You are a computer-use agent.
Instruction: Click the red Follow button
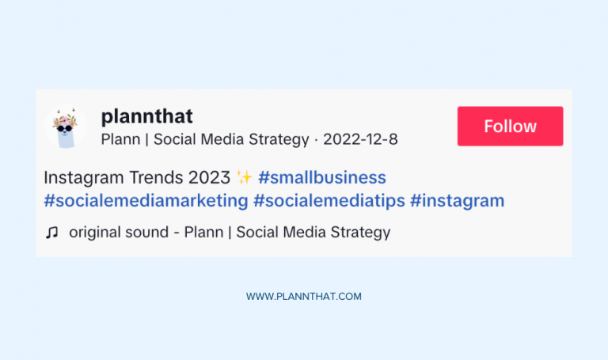pos(510,127)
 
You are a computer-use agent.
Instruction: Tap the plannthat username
pos(146,116)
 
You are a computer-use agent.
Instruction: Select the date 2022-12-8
pos(360,140)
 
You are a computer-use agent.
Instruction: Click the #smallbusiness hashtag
pos(322,176)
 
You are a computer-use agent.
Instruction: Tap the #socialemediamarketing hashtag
pos(146,201)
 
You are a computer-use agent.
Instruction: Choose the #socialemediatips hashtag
pos(329,201)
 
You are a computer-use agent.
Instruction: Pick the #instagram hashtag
pos(457,201)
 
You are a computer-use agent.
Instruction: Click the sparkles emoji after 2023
pos(244,176)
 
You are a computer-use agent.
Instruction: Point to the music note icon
pos(52,233)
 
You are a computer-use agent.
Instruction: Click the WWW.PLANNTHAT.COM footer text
pos(303,297)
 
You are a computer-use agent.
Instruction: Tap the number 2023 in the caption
pos(210,176)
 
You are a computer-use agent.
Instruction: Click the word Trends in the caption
pos(157,176)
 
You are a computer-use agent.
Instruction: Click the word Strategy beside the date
pos(279,140)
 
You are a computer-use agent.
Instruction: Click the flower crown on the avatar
pos(64,121)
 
